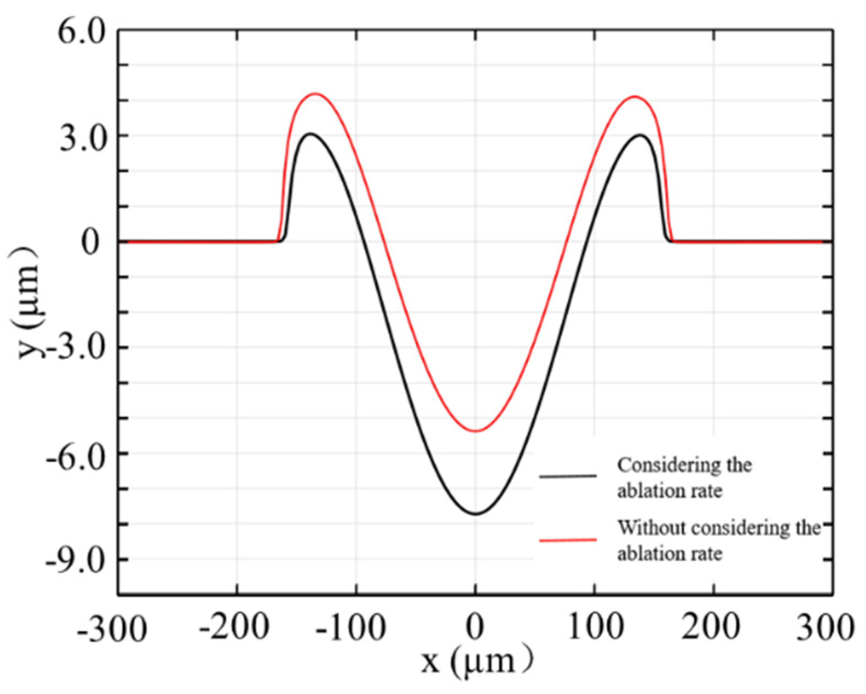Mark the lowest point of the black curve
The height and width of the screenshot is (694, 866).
pyautogui.click(x=476, y=514)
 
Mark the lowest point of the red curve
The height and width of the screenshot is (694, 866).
pyautogui.click(x=476, y=431)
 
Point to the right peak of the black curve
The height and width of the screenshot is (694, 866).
pyautogui.click(x=640, y=135)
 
